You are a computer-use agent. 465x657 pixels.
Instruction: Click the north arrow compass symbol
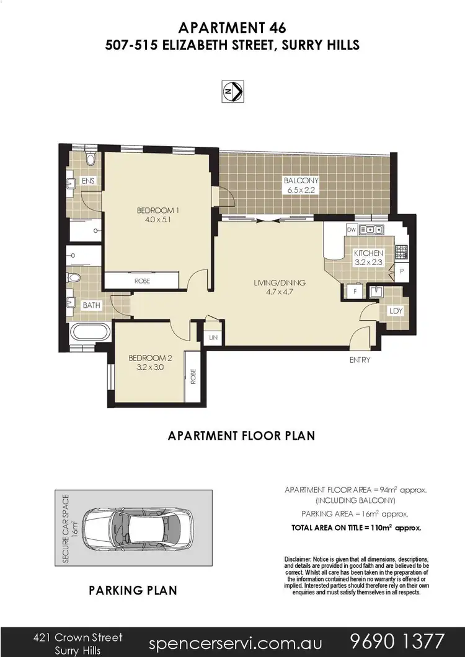pos(232,91)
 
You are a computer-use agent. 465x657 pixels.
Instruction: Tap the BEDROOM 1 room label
pos(153,215)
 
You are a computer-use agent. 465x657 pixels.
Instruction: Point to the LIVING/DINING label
pos(280,287)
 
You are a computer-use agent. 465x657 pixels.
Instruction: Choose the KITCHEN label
pos(370,257)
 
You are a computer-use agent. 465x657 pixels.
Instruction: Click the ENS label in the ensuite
pos(88,181)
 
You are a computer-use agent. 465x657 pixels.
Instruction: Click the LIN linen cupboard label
pos(214,338)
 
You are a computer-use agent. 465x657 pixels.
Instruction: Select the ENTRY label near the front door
pos(360,360)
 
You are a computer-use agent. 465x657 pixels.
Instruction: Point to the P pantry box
pos(402,271)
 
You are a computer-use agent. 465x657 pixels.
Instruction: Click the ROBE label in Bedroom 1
pos(142,281)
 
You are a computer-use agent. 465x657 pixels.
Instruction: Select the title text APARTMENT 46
pos(232,27)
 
